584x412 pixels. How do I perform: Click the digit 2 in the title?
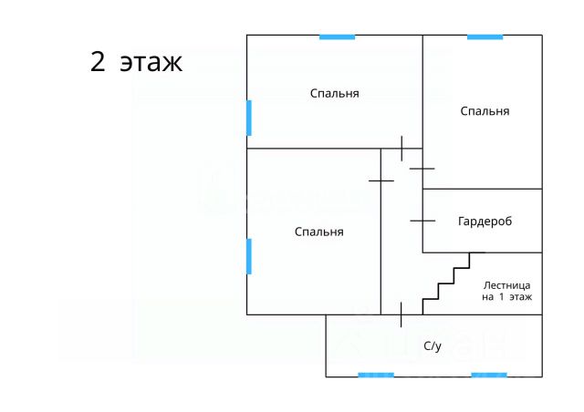(98, 62)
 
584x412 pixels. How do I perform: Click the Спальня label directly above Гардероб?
(485, 111)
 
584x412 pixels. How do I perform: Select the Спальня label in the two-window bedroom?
(334, 94)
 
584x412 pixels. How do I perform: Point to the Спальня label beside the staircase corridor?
(319, 232)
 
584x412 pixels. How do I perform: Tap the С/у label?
(433, 346)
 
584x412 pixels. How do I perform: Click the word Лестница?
(507, 284)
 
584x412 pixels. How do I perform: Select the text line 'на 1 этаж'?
(507, 297)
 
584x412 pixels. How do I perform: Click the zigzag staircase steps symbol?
(446, 282)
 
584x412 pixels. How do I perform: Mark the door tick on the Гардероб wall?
(422, 220)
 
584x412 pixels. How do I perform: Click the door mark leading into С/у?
(401, 314)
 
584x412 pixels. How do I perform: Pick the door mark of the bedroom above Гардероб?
(422, 168)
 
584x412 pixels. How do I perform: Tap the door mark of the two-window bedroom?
(401, 148)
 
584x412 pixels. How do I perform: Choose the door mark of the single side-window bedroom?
(381, 180)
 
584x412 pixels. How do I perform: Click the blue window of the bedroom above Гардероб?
(485, 36)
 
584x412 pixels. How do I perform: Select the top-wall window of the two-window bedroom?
(337, 36)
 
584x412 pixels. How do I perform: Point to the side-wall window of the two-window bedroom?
(249, 118)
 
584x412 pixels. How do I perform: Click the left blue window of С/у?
(376, 375)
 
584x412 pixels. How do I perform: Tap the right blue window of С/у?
(489, 375)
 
